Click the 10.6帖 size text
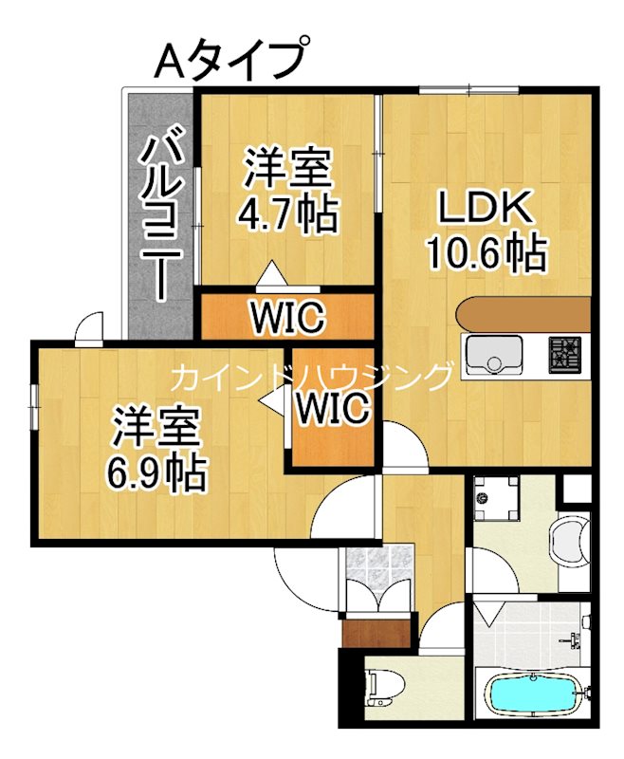485,252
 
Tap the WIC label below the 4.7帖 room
287,317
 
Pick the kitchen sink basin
491,356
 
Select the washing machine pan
497,497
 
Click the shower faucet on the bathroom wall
574,640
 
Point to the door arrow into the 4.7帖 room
271,272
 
